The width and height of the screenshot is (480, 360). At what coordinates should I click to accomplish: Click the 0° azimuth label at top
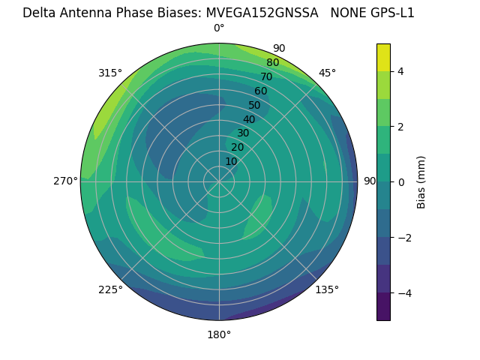pyautogui.click(x=219, y=28)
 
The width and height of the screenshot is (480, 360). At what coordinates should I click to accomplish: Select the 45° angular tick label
pyautogui.click(x=327, y=73)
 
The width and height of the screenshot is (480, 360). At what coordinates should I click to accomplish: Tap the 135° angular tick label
pyautogui.click(x=327, y=289)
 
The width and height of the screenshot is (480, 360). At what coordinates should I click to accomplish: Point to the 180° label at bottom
pyautogui.click(x=219, y=334)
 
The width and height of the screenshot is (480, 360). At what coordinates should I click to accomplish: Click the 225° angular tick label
pyautogui.click(x=110, y=289)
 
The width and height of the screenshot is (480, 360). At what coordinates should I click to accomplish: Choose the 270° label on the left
pyautogui.click(x=65, y=181)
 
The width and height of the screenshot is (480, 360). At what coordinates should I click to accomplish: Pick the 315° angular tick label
pyautogui.click(x=110, y=73)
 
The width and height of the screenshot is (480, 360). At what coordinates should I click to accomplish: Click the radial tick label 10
pyautogui.click(x=231, y=161)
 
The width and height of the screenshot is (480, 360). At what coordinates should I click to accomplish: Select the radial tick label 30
pyautogui.click(x=243, y=133)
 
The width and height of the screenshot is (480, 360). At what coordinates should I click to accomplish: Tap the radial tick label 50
pyautogui.click(x=254, y=105)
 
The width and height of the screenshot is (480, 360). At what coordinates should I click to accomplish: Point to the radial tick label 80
pyautogui.click(x=272, y=63)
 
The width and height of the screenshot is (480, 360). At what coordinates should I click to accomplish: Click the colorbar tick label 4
pyautogui.click(x=400, y=71)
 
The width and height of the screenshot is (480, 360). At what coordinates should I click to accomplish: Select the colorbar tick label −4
pyautogui.click(x=403, y=292)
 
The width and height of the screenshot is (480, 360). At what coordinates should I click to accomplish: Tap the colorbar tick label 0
pyautogui.click(x=400, y=181)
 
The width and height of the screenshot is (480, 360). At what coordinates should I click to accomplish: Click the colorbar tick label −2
pyautogui.click(x=403, y=237)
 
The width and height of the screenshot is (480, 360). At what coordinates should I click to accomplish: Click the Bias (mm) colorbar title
pyautogui.click(x=421, y=181)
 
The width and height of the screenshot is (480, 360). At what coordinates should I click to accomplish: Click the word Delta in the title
pyautogui.click(x=38, y=13)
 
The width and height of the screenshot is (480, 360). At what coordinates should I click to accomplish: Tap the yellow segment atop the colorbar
pyautogui.click(x=383, y=57)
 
